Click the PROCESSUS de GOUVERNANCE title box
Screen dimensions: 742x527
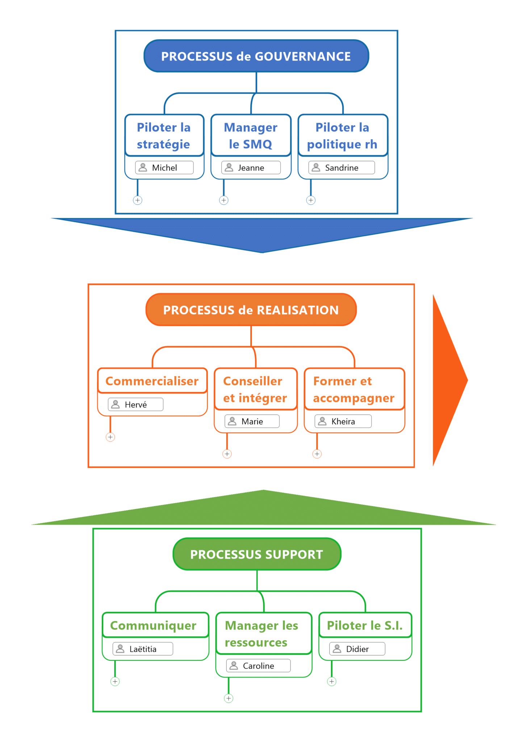point(256,56)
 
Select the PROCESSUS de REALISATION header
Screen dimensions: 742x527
point(251,310)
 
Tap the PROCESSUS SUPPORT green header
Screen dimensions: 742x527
point(257,554)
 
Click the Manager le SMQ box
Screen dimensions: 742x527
point(251,136)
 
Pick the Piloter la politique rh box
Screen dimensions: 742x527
point(342,136)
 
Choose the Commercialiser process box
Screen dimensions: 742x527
point(152,381)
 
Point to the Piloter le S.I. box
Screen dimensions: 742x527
point(365,625)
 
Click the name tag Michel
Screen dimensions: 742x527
point(164,168)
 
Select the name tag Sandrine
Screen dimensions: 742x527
point(342,168)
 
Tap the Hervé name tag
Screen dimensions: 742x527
point(136,405)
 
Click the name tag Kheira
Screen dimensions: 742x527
point(343,421)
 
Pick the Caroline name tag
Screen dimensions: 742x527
point(258,666)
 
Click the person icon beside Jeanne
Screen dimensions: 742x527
point(229,167)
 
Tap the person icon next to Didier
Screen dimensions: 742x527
point(337,649)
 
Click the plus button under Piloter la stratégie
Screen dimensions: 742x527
point(138,200)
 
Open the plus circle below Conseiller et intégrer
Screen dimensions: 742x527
point(227,454)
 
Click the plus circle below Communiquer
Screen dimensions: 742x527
point(115,681)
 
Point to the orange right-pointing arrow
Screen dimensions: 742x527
point(448,380)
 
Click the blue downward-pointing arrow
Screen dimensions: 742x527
point(262,234)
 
